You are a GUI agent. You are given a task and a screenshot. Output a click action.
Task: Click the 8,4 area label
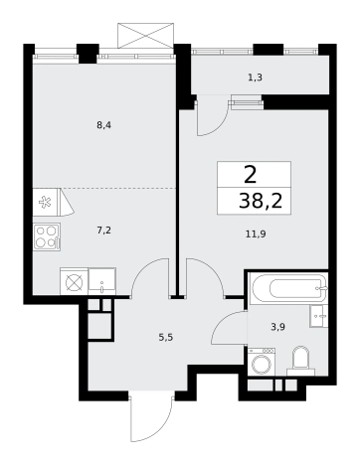103,126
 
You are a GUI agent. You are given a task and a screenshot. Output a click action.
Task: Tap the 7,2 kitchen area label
103,231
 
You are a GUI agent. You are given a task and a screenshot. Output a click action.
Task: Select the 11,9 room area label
256,234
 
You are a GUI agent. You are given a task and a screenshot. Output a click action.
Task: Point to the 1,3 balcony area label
256,77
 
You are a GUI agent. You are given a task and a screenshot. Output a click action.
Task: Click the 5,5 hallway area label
166,338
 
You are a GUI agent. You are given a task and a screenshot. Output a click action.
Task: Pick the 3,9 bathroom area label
277,327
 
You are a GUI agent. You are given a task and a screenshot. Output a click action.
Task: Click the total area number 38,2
261,201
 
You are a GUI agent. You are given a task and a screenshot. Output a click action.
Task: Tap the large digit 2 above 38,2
251,175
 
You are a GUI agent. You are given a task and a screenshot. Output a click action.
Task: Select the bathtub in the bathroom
287,287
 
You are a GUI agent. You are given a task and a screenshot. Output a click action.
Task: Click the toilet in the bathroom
300,361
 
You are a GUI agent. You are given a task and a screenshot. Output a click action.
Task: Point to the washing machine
262,362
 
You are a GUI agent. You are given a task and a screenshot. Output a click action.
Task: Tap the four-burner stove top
47,236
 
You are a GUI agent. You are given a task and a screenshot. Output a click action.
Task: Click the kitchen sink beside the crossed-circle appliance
102,281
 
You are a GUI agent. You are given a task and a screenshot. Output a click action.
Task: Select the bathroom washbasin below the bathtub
319,316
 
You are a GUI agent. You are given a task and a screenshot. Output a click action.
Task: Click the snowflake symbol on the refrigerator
45,202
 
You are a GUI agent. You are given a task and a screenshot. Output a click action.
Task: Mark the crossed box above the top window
146,36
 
